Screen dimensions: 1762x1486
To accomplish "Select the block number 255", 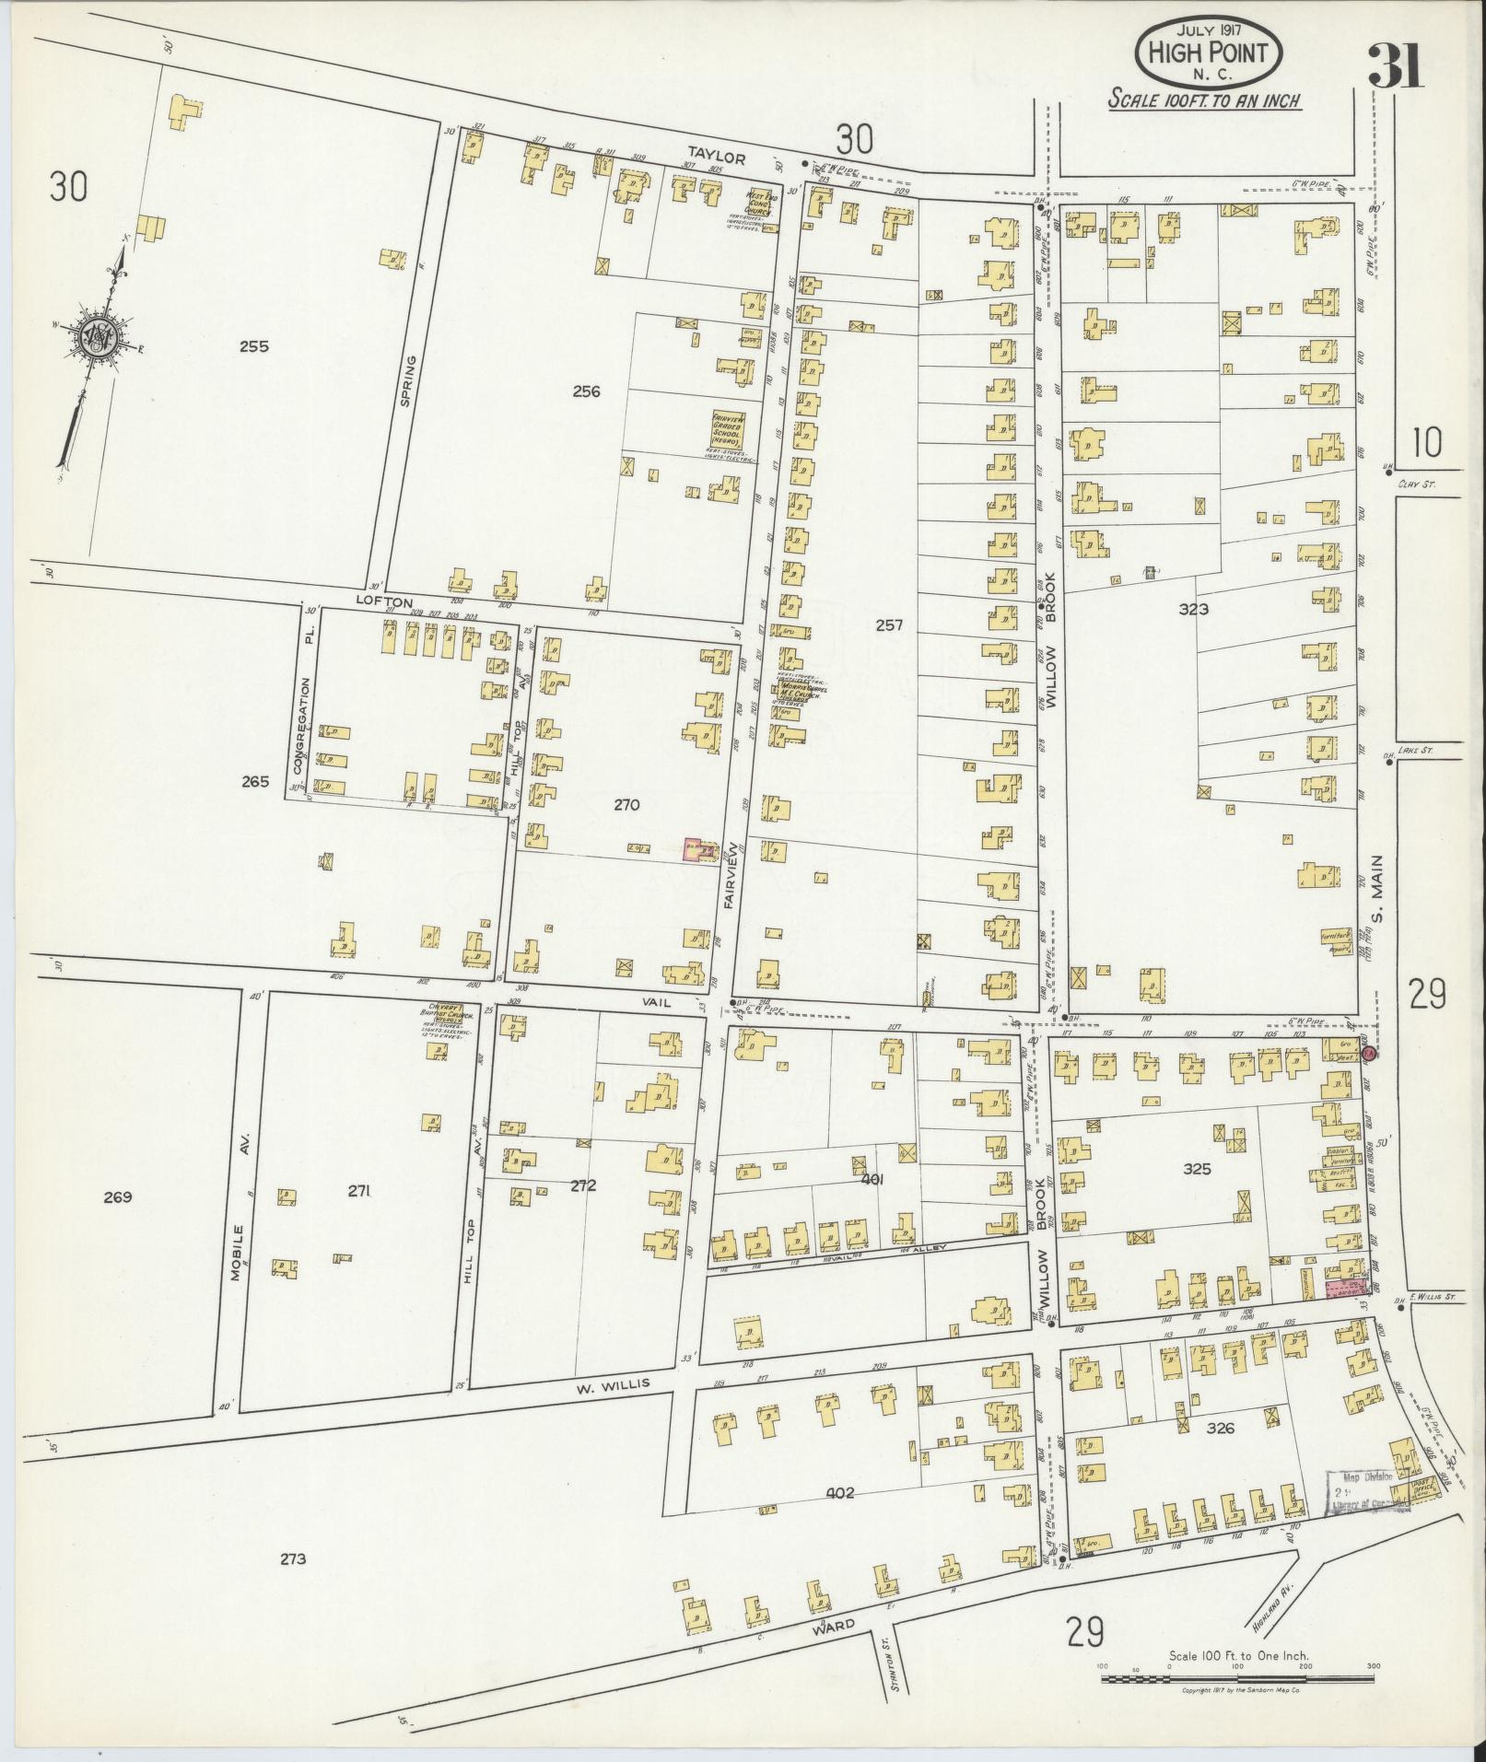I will (253, 347).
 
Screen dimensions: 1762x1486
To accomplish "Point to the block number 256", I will (586, 391).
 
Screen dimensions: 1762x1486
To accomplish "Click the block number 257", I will (889, 625).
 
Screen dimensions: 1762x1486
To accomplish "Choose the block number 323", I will (1193, 609).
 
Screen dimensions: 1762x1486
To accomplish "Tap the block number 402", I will (841, 1493).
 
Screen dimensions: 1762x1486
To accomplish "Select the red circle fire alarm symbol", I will (1370, 1052).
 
